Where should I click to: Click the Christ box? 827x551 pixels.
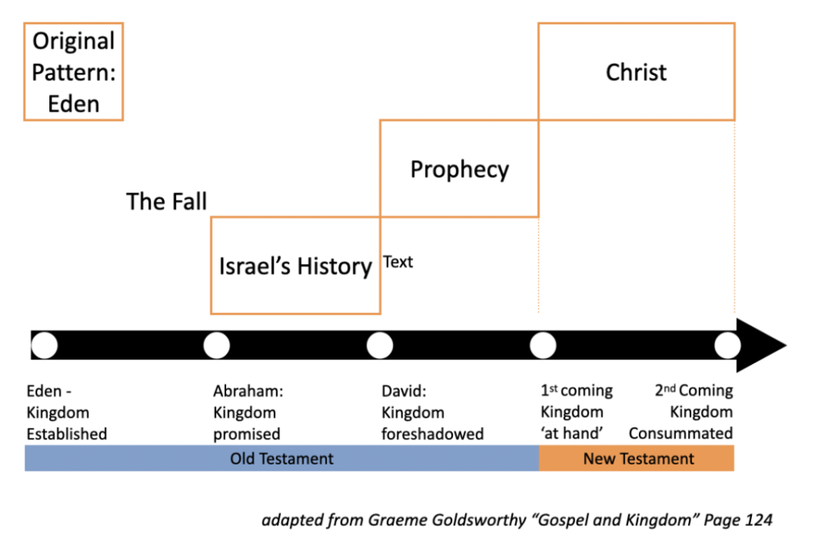point(636,72)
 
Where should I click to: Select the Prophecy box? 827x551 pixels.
point(460,168)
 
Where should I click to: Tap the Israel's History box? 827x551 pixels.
point(296,266)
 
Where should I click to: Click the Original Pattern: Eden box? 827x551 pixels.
point(73,72)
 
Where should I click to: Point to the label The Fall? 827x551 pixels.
point(166,201)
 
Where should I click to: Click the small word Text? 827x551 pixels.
point(397,262)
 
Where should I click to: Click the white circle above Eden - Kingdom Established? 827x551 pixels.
point(44,346)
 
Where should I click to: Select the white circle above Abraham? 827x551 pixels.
point(216,346)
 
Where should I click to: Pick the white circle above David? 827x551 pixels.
point(380,346)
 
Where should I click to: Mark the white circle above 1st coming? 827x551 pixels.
point(544,346)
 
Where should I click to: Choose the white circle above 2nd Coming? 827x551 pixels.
point(728,346)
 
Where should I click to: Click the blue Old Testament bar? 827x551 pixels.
point(282,458)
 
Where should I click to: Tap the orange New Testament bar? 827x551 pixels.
point(636,458)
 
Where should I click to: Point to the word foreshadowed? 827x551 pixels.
point(433,434)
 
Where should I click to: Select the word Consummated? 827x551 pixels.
point(681,433)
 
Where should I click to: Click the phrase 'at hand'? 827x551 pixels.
point(572,433)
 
